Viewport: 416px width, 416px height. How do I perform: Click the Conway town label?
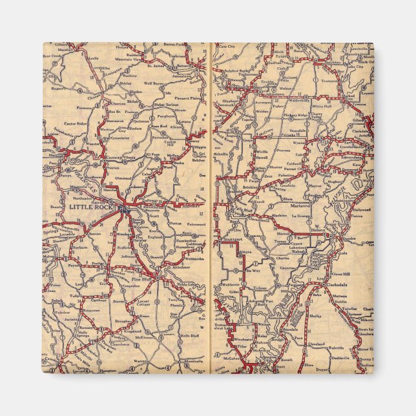[x=106, y=155]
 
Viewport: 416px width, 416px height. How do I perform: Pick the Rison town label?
[x=143, y=315]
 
